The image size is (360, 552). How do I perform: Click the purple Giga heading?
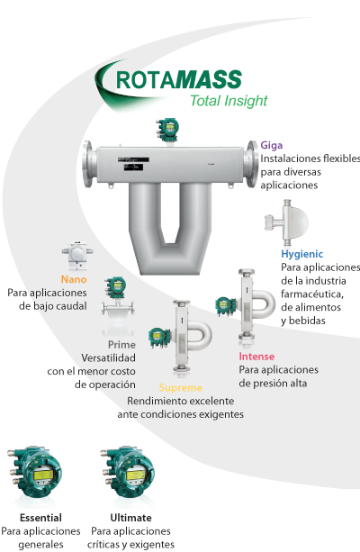tap(271, 145)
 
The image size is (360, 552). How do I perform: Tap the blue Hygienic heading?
tap(301, 254)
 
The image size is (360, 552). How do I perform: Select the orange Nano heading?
tap(74, 279)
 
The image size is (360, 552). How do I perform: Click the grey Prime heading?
tap(121, 344)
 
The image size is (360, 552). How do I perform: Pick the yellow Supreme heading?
tap(181, 388)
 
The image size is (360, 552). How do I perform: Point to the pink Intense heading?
tap(256, 357)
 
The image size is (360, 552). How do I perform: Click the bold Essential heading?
tap(40, 518)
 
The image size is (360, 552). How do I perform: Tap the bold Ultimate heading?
tap(130, 518)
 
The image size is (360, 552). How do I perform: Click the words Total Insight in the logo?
tap(229, 101)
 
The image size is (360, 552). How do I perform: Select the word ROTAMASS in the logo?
tap(179, 79)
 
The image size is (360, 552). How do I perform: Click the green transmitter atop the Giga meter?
tap(168, 130)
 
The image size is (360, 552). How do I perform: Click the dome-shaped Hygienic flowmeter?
tap(287, 222)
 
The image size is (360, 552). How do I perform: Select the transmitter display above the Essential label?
tap(43, 475)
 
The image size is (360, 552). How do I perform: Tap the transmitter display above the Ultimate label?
tap(136, 475)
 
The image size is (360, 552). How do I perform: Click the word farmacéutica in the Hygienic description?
tap(312, 294)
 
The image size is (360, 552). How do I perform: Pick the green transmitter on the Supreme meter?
tap(159, 337)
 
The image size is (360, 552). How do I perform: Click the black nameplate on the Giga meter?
tap(134, 164)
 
